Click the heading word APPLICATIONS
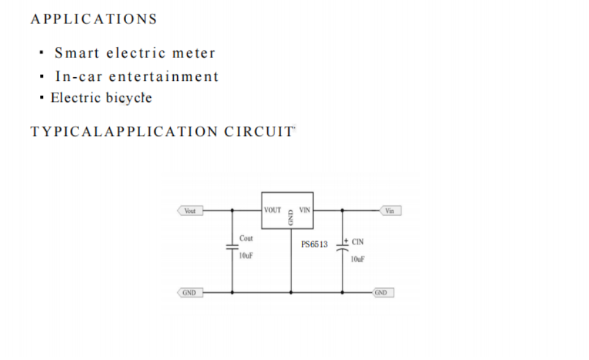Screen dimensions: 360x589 coord(93,19)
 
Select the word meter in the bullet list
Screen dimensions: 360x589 coord(194,53)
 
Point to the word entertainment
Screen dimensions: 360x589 coord(163,76)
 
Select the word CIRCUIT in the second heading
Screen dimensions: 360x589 coord(260,131)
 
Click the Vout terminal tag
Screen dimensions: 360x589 coord(190,211)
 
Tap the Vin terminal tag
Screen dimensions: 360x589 coord(390,211)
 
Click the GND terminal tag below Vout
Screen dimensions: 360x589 coord(189,293)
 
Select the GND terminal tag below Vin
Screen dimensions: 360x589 coord(381,293)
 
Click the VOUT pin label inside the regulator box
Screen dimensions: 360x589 coord(273,210)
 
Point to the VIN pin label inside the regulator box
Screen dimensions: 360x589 coord(305,210)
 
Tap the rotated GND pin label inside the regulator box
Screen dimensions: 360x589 coord(290,218)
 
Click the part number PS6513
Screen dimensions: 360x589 coord(314,244)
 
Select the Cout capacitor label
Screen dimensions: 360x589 coord(246,239)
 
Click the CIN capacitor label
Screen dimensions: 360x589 coord(358,242)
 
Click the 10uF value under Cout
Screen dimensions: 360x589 coord(246,256)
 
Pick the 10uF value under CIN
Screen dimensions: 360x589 coord(358,259)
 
